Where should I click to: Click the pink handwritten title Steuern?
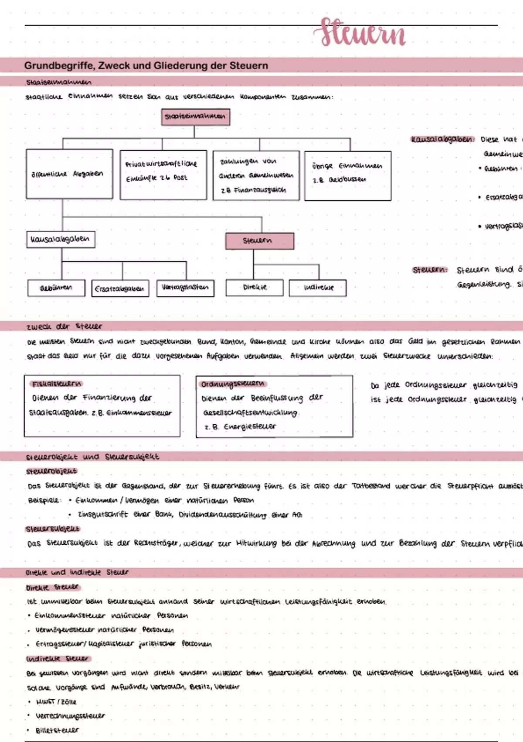pyautogui.click(x=363, y=32)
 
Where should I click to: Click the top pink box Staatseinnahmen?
pyautogui.click(x=195, y=117)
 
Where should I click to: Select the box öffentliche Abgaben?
pyautogui.click(x=69, y=174)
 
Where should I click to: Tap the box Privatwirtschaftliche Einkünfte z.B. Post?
pyautogui.click(x=163, y=175)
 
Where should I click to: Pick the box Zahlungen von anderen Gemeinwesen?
pyautogui.click(x=256, y=175)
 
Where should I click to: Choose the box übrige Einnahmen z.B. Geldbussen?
pyautogui.click(x=347, y=175)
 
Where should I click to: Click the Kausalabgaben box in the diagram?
pyautogui.click(x=61, y=239)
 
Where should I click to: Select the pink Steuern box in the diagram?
pyautogui.click(x=259, y=240)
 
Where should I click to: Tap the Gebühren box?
pyautogui.click(x=56, y=288)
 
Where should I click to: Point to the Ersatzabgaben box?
pyautogui.click(x=120, y=289)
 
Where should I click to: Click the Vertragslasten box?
pyautogui.click(x=185, y=288)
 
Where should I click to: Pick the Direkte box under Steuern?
pyautogui.click(x=255, y=287)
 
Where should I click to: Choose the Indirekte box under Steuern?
pyautogui.click(x=318, y=288)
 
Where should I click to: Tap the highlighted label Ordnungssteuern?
pyautogui.click(x=232, y=384)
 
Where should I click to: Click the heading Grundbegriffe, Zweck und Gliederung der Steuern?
pyautogui.click(x=146, y=65)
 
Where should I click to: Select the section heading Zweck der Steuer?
pyautogui.click(x=64, y=326)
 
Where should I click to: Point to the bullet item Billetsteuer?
pyautogui.click(x=57, y=730)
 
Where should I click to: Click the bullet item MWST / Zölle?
pyautogui.click(x=56, y=702)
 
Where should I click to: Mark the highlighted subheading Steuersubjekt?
pyautogui.click(x=53, y=529)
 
